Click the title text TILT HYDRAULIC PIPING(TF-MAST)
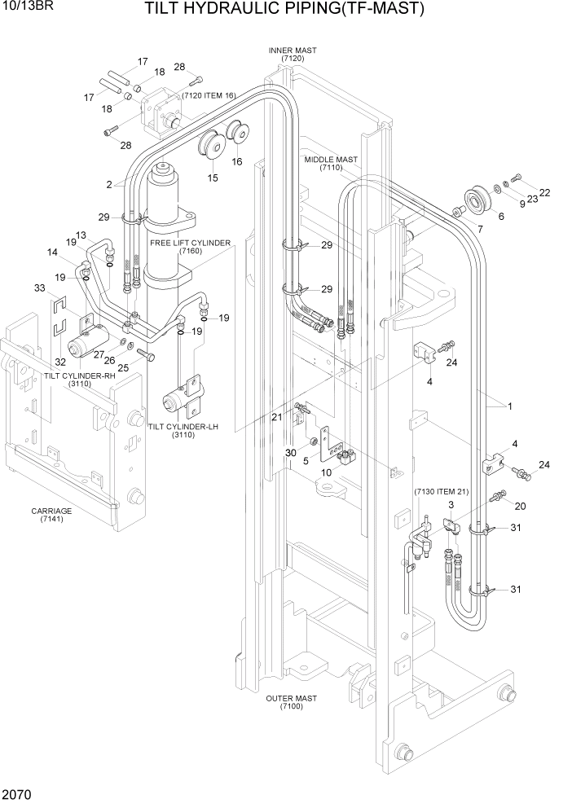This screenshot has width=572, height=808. [x=284, y=10]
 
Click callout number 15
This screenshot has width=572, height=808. [x=212, y=178]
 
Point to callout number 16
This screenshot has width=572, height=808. [x=237, y=162]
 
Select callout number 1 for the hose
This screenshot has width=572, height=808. [x=510, y=406]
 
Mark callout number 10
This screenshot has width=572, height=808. [x=326, y=472]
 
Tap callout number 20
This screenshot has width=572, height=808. [x=520, y=506]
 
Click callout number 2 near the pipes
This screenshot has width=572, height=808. [x=108, y=185]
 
